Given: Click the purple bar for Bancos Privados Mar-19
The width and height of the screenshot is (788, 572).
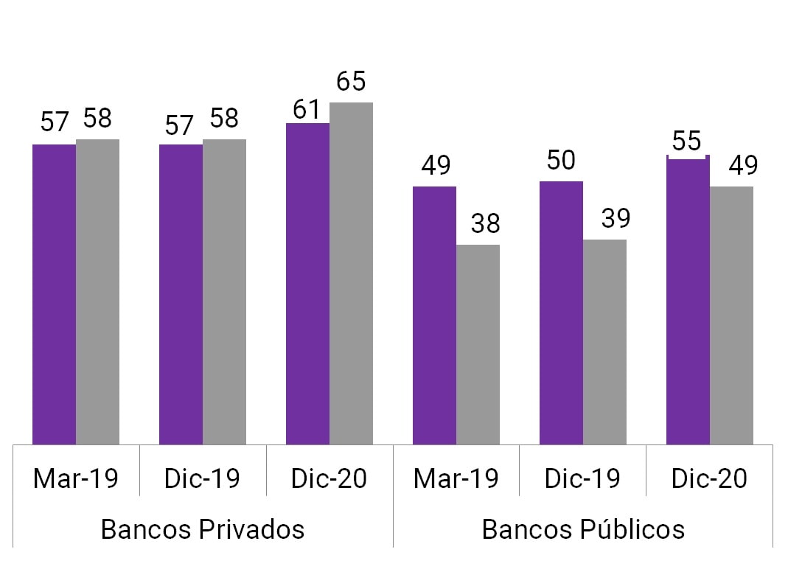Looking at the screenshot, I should coord(55,294).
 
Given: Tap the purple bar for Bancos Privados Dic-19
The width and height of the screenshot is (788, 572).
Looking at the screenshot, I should coord(181,294).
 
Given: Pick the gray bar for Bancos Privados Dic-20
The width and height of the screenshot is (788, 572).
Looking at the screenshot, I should coord(351,273).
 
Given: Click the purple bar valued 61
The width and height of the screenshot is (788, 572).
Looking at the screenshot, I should coord(307,284).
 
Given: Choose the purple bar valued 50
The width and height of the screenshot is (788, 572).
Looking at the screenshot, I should coord(561,313).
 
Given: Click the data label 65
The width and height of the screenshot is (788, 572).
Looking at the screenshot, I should coord(351,82).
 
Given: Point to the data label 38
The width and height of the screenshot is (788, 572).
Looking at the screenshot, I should coord(485,223).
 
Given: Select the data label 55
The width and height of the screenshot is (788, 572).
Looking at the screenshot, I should coord(687,141).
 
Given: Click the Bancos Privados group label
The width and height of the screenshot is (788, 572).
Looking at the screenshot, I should coord(203,529).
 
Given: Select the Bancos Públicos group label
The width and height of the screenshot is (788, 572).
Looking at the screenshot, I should coord(583,529).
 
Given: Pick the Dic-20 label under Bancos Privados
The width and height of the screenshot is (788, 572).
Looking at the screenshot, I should coord(329,479).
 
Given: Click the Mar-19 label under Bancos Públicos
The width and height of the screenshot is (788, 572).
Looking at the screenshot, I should coord(456,479).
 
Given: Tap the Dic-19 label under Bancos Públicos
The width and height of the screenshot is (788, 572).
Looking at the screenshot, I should coord(582,479).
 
